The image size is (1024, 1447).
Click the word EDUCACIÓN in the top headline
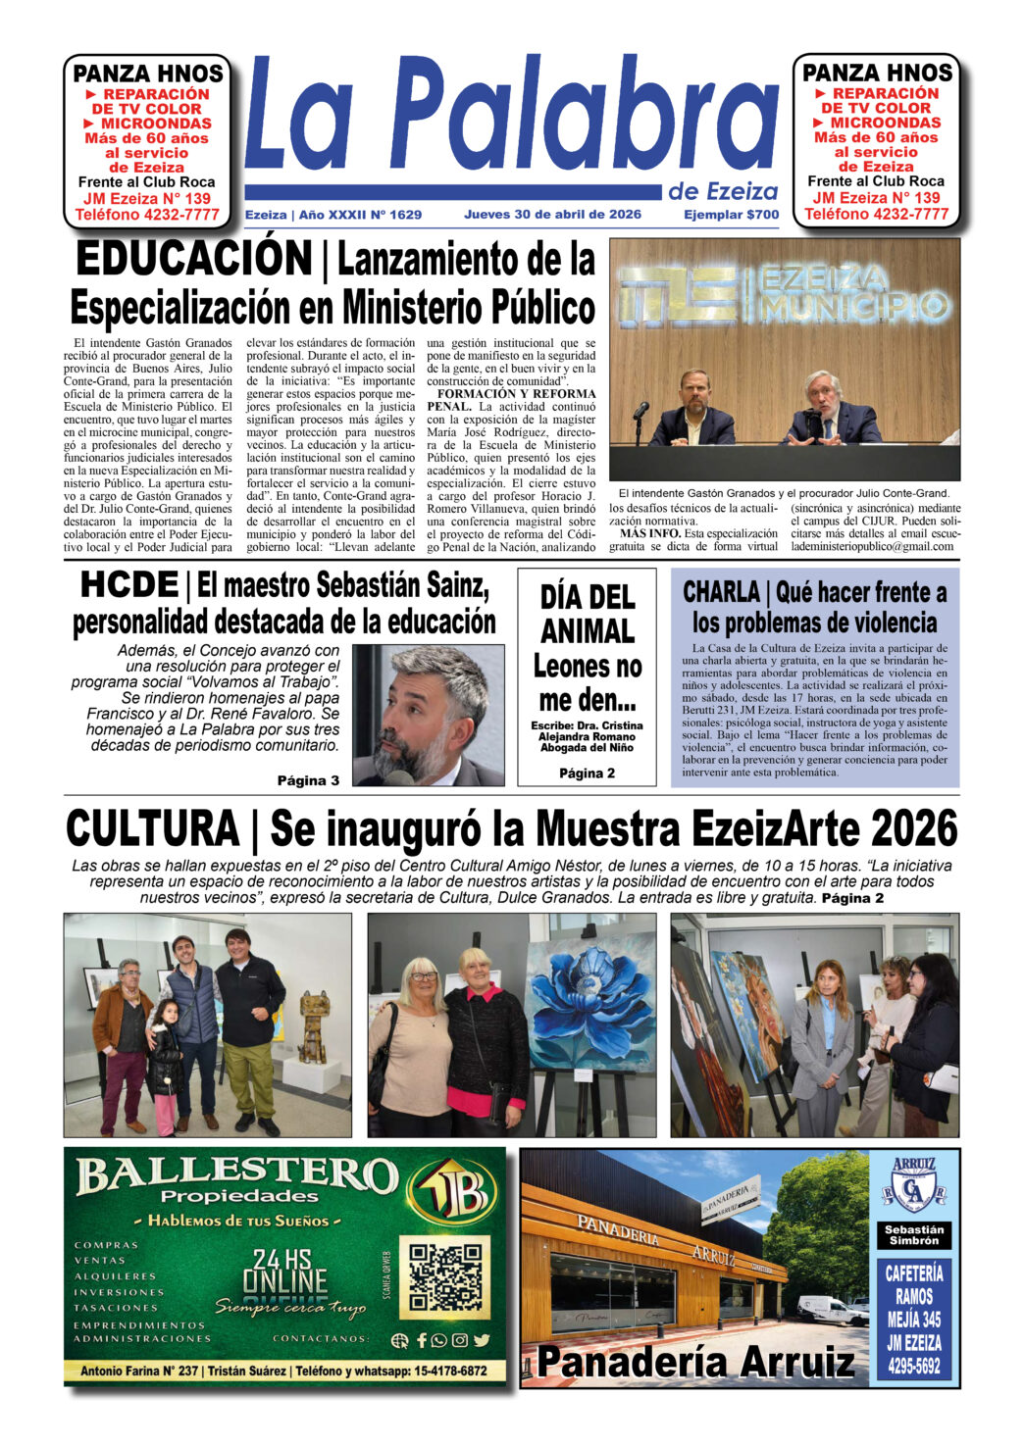click(193, 260)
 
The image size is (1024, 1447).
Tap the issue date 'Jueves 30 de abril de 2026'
click(552, 215)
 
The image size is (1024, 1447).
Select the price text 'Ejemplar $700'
click(731, 215)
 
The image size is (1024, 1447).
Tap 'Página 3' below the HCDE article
click(308, 780)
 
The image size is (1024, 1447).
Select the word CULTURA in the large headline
click(152, 828)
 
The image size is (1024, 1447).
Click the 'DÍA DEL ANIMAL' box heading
click(587, 614)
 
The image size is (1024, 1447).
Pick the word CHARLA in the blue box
click(721, 592)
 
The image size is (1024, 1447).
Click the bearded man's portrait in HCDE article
click(428, 714)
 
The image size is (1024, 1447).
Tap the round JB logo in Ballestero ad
click(451, 1192)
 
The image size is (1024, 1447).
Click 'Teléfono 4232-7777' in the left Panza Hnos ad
click(147, 215)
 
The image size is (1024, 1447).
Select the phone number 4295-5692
click(914, 1366)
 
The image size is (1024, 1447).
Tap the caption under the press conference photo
click(784, 493)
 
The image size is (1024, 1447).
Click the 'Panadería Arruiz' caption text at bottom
click(695, 1362)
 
